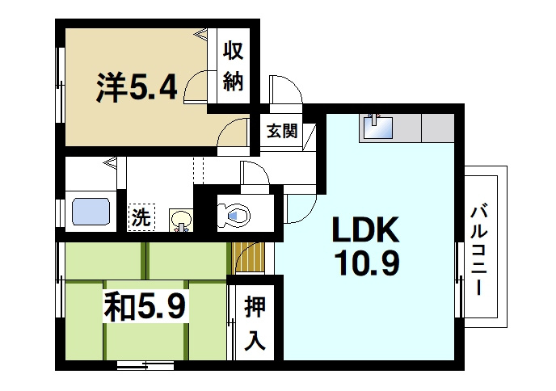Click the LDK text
[x=364, y=232]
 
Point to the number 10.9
[x=364, y=264]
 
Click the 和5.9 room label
[x=145, y=306]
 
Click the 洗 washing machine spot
[x=141, y=217]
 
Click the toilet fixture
[x=236, y=213]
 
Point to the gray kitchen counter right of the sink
[x=436, y=128]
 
